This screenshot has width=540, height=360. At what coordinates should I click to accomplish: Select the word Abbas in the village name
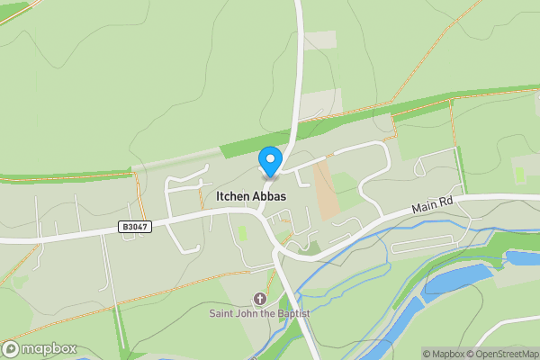click(x=272, y=195)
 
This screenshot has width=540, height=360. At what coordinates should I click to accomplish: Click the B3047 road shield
click(x=134, y=228)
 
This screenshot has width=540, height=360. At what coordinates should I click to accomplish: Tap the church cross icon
click(x=261, y=299)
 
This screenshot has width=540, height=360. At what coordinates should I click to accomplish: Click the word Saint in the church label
click(x=224, y=313)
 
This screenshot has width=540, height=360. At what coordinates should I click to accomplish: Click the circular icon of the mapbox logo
click(x=12, y=349)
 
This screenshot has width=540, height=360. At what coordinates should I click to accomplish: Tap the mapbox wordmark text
click(x=49, y=349)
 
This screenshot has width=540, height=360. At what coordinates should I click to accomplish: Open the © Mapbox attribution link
click(x=445, y=354)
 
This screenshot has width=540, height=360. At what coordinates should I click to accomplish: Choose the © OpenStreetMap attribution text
click(x=503, y=354)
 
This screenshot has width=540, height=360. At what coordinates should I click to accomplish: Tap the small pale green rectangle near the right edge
click(x=519, y=173)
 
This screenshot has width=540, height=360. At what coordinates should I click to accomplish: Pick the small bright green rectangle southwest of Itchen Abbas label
click(x=242, y=233)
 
